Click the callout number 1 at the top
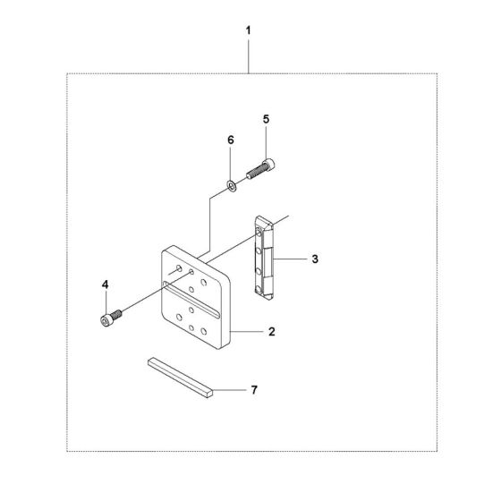click(249, 30)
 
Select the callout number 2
click(272, 332)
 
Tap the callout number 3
click(315, 259)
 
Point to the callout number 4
click(106, 284)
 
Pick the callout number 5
click(267, 119)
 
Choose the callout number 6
click(231, 140)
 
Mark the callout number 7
click(254, 390)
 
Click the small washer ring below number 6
click(232, 186)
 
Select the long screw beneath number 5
click(260, 169)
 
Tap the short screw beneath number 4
click(111, 318)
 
